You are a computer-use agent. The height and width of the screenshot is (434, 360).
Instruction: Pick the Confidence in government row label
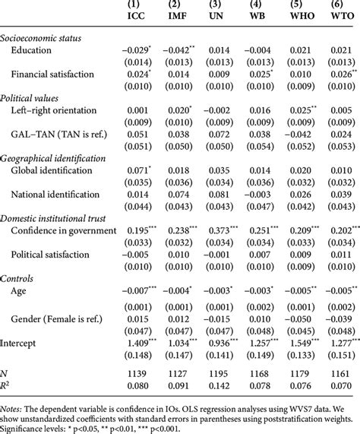pos(63,230)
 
